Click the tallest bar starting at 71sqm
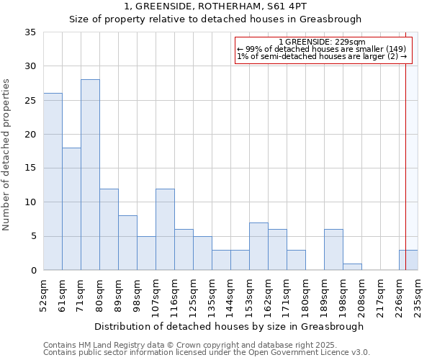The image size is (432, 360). pos(90,175)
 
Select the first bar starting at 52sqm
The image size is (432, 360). pos(53,181)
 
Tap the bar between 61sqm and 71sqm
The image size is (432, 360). pos(71,209)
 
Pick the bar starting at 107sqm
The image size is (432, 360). pos(165,229)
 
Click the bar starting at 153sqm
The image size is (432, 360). pos(258,246)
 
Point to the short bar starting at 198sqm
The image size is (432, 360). pos(352,266)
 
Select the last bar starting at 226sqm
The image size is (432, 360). pos(408,260)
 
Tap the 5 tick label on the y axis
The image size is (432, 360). pos(33,236)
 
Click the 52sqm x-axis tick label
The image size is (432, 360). pos(44,295)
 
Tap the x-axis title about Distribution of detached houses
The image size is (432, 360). pos(230,326)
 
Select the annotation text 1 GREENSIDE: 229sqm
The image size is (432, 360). pos(322,42)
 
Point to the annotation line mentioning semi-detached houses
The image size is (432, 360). pos(322,56)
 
